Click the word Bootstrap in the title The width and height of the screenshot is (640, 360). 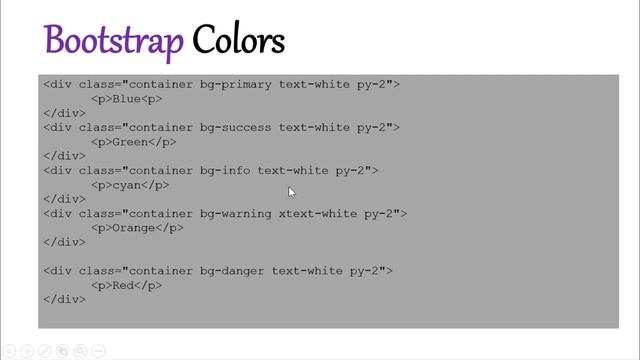113,41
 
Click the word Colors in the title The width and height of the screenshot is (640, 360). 239,41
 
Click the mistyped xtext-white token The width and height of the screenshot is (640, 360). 313,213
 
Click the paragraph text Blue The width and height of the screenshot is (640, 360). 126,99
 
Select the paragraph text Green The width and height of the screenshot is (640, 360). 130,142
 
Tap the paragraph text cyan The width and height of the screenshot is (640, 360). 126,185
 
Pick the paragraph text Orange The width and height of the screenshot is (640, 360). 133,228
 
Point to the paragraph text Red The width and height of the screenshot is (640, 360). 123,285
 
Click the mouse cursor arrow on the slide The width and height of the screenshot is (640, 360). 291,192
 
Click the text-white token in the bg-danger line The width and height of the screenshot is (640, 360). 306,270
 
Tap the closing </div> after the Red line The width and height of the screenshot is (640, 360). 64,299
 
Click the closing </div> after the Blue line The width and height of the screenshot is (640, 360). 64,113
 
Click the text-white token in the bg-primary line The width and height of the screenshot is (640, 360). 313,85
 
